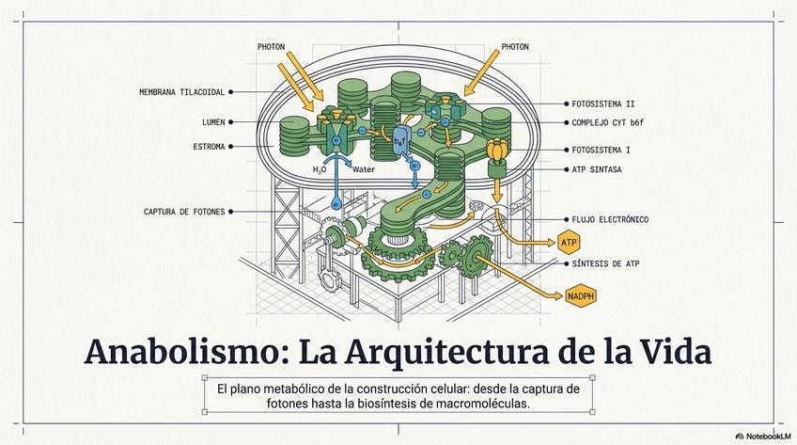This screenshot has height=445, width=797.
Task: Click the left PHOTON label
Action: click(x=272, y=46)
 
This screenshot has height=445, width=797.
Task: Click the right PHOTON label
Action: click(x=515, y=46)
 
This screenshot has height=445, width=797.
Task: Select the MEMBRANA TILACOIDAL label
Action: click(x=181, y=92)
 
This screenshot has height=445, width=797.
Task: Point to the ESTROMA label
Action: click(x=209, y=147)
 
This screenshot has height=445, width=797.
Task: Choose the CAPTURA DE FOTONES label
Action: click(x=184, y=212)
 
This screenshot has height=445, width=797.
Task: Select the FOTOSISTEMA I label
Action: click(x=602, y=150)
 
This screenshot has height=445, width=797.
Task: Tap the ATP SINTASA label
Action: click(x=596, y=170)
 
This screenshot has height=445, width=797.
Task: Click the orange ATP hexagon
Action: click(x=570, y=243)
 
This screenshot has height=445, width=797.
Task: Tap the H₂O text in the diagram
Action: click(x=320, y=170)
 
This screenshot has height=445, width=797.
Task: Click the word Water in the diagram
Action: click(x=364, y=170)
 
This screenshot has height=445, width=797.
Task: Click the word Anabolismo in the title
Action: click(x=182, y=352)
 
